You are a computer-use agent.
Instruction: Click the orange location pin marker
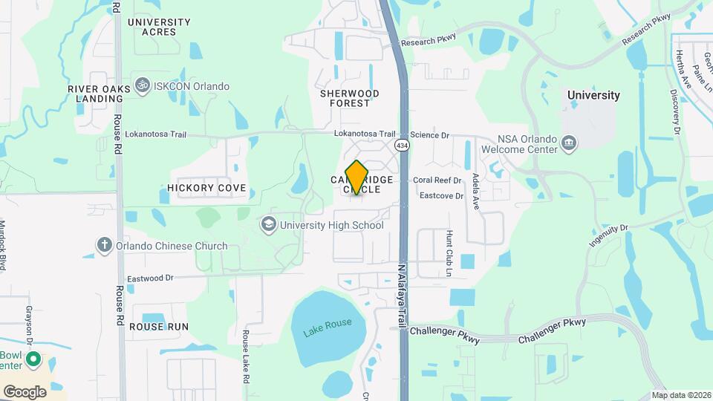click(x=357, y=177)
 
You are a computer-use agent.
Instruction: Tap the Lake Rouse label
click(x=328, y=327)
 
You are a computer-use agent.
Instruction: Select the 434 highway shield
click(x=402, y=145)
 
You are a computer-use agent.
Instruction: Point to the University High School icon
click(x=267, y=224)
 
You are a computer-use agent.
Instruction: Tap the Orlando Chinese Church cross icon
click(x=104, y=246)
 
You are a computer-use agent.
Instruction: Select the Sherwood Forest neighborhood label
click(x=350, y=98)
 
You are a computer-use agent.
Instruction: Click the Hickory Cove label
click(x=206, y=189)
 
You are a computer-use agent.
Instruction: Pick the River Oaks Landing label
click(x=94, y=94)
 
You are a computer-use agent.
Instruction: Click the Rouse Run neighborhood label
click(x=159, y=327)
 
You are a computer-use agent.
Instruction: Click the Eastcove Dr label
click(x=441, y=196)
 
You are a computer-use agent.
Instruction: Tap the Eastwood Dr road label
click(x=150, y=278)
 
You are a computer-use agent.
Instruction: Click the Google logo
click(x=25, y=391)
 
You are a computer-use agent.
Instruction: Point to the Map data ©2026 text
click(x=680, y=395)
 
